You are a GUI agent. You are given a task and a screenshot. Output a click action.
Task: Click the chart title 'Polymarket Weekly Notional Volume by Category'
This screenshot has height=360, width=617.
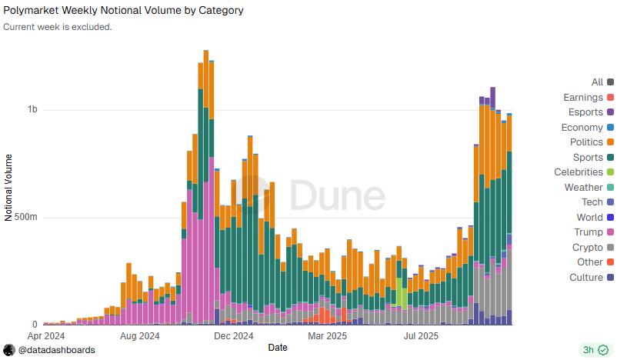(123, 11)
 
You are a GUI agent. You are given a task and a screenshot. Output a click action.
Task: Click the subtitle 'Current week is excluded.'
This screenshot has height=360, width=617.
(58, 27)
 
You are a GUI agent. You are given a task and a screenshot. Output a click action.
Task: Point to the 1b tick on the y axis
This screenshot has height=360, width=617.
(32, 110)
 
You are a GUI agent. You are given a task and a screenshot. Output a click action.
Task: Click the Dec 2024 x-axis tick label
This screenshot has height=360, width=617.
(233, 335)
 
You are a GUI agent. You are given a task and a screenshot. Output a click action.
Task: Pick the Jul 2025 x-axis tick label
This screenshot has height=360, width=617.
(421, 335)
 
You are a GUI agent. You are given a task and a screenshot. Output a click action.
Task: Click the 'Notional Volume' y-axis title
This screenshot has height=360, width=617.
(9, 188)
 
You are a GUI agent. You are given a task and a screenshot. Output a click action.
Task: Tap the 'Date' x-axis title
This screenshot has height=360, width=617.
(278, 348)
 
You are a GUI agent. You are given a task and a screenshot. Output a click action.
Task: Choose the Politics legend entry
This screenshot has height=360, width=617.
(586, 142)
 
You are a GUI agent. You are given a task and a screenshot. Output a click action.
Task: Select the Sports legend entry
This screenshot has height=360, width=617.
(588, 158)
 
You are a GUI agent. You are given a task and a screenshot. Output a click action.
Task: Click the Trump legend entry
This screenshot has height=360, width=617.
(589, 232)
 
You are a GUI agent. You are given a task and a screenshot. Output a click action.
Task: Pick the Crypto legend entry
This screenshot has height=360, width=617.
(588, 248)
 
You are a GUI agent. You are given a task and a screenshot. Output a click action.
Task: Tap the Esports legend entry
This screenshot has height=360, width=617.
(585, 112)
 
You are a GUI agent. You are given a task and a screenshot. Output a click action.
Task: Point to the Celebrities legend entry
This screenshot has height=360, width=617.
(579, 172)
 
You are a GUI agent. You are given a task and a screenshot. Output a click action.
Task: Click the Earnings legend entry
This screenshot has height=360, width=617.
(583, 98)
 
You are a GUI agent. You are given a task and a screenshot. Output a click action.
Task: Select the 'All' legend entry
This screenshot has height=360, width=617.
(597, 82)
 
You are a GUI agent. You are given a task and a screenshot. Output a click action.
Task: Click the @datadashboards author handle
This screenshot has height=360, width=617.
(56, 350)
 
